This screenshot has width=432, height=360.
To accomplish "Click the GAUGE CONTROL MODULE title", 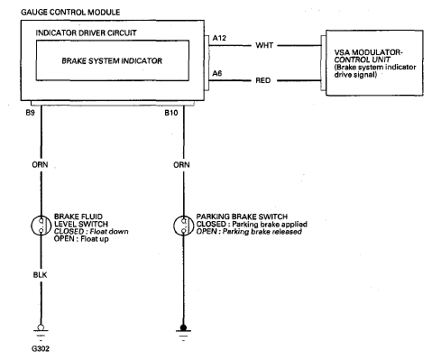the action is click(x=70, y=13).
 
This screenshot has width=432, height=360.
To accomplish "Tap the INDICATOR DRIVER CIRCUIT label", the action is click(x=86, y=32).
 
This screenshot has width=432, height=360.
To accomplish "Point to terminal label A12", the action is click(x=219, y=38).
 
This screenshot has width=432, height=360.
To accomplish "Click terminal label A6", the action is click(x=217, y=73).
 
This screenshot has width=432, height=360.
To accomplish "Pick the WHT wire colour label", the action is click(x=264, y=45).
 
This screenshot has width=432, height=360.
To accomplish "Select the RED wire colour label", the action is click(x=263, y=80).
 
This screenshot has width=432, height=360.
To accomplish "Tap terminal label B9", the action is click(x=30, y=113).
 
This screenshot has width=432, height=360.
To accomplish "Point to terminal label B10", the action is click(x=171, y=113).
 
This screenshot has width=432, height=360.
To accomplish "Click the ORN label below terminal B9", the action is click(x=40, y=165).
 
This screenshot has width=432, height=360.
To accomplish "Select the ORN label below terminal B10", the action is click(x=181, y=165).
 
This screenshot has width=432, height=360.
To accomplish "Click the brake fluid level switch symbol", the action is click(x=41, y=226).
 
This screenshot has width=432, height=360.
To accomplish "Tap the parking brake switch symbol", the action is click(x=183, y=226).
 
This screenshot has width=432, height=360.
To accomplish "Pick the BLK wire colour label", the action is click(x=40, y=275).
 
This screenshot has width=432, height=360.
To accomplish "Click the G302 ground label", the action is click(x=41, y=349).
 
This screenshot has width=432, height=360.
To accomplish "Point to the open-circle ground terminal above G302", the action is click(x=41, y=328).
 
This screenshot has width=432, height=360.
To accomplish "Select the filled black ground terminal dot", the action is click(x=183, y=328).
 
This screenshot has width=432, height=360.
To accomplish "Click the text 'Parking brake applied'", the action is click(x=270, y=225).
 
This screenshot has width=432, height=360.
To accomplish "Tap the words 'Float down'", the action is click(x=109, y=232).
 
